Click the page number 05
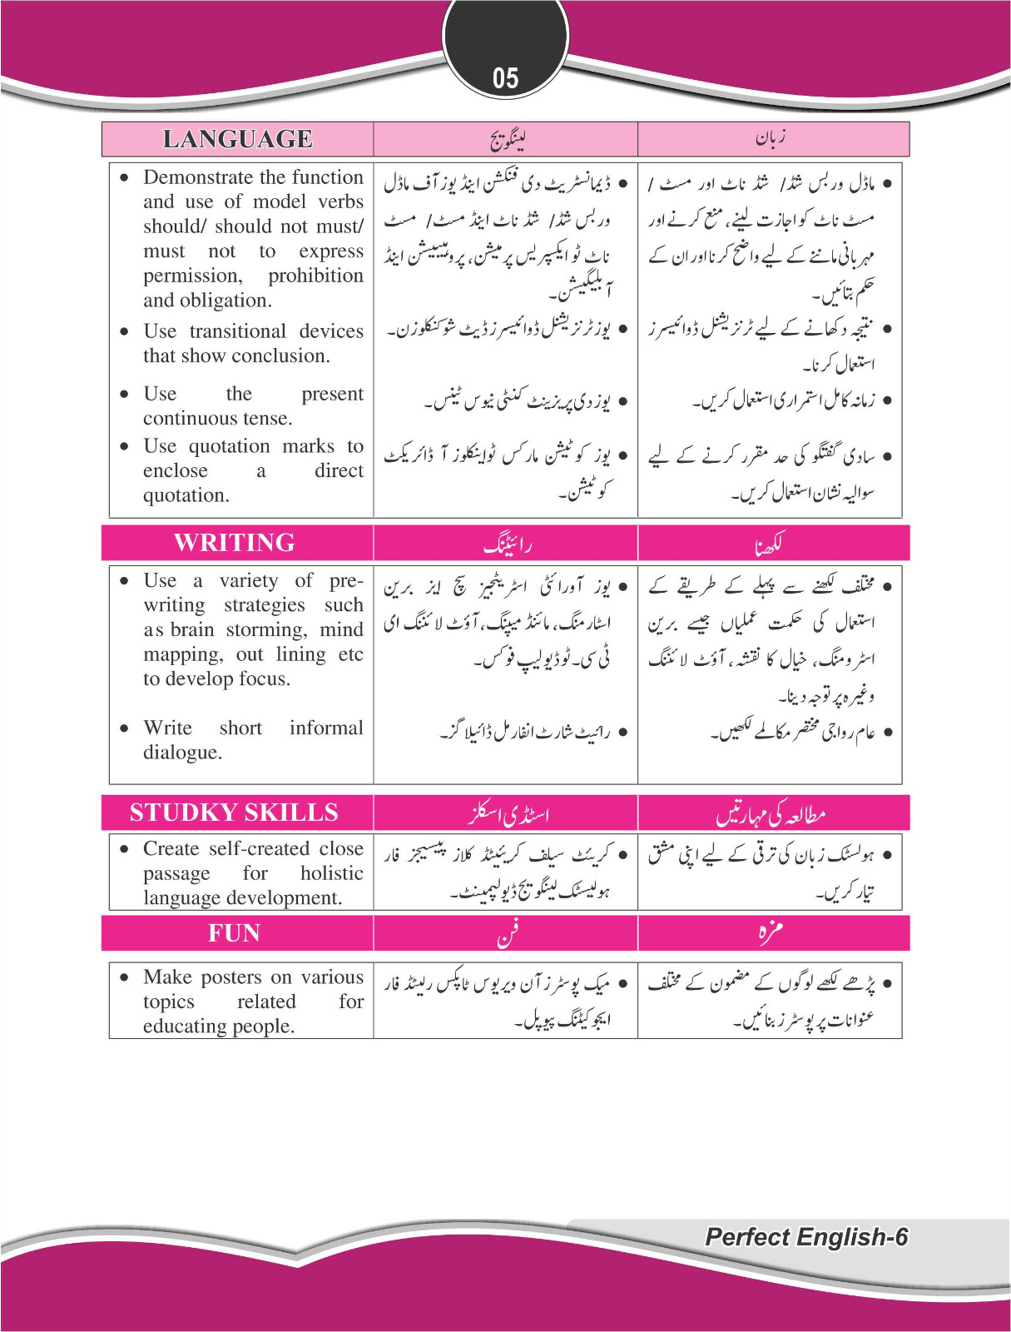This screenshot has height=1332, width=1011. [505, 79]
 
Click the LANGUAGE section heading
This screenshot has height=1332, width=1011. [237, 139]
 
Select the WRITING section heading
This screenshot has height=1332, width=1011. [235, 543]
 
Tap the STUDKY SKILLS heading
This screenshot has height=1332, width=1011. [234, 813]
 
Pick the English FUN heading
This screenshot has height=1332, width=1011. [234, 933]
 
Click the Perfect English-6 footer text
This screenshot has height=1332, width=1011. [805, 1237]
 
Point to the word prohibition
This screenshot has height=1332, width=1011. [315, 276]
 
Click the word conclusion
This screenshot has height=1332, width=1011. [280, 356]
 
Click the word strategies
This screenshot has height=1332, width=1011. [264, 605]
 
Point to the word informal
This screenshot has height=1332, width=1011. [326, 728]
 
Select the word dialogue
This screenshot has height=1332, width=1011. [181, 753]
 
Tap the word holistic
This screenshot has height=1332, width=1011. [331, 873]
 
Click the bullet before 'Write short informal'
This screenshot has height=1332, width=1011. [124, 728]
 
